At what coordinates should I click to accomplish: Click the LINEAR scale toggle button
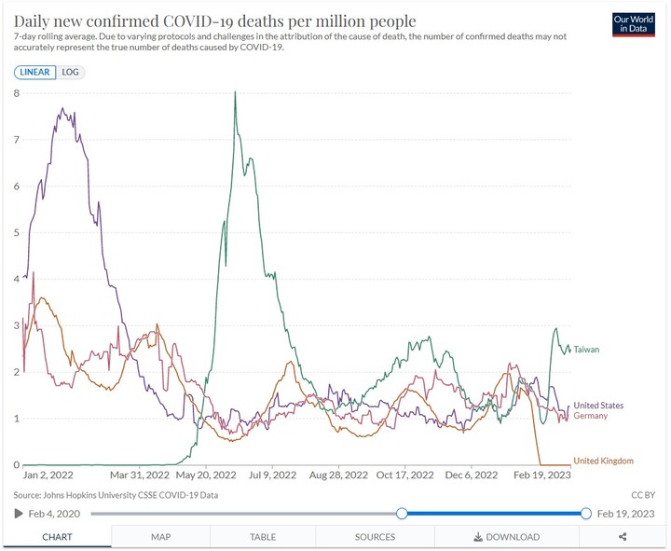pos(35,72)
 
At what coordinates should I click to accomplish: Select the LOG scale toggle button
pos(70,72)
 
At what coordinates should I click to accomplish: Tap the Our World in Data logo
pos(634,24)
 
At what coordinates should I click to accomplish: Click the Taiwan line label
pos(586,350)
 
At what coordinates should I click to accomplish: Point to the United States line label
pos(598,405)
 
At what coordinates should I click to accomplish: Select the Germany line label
pos(591,416)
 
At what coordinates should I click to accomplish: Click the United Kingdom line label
pos(603,461)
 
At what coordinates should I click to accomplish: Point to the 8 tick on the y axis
pos(16,93)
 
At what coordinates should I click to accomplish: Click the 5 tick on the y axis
pos(16,232)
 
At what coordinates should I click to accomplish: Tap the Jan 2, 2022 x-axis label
pos(48,475)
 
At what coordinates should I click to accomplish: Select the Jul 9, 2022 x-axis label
pos(272,475)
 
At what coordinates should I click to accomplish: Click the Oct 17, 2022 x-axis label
pos(404,475)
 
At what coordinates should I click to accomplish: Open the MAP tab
pos(161,537)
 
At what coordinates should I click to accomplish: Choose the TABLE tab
pos(263,537)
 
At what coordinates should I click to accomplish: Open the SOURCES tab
pos(375,537)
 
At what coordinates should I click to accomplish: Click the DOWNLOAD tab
pos(507,537)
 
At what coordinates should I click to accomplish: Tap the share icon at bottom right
pos(623,537)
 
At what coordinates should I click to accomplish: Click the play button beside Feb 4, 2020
pos(19,514)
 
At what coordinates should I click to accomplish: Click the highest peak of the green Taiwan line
pos(235,91)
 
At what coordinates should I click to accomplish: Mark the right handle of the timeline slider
pos(586,514)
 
